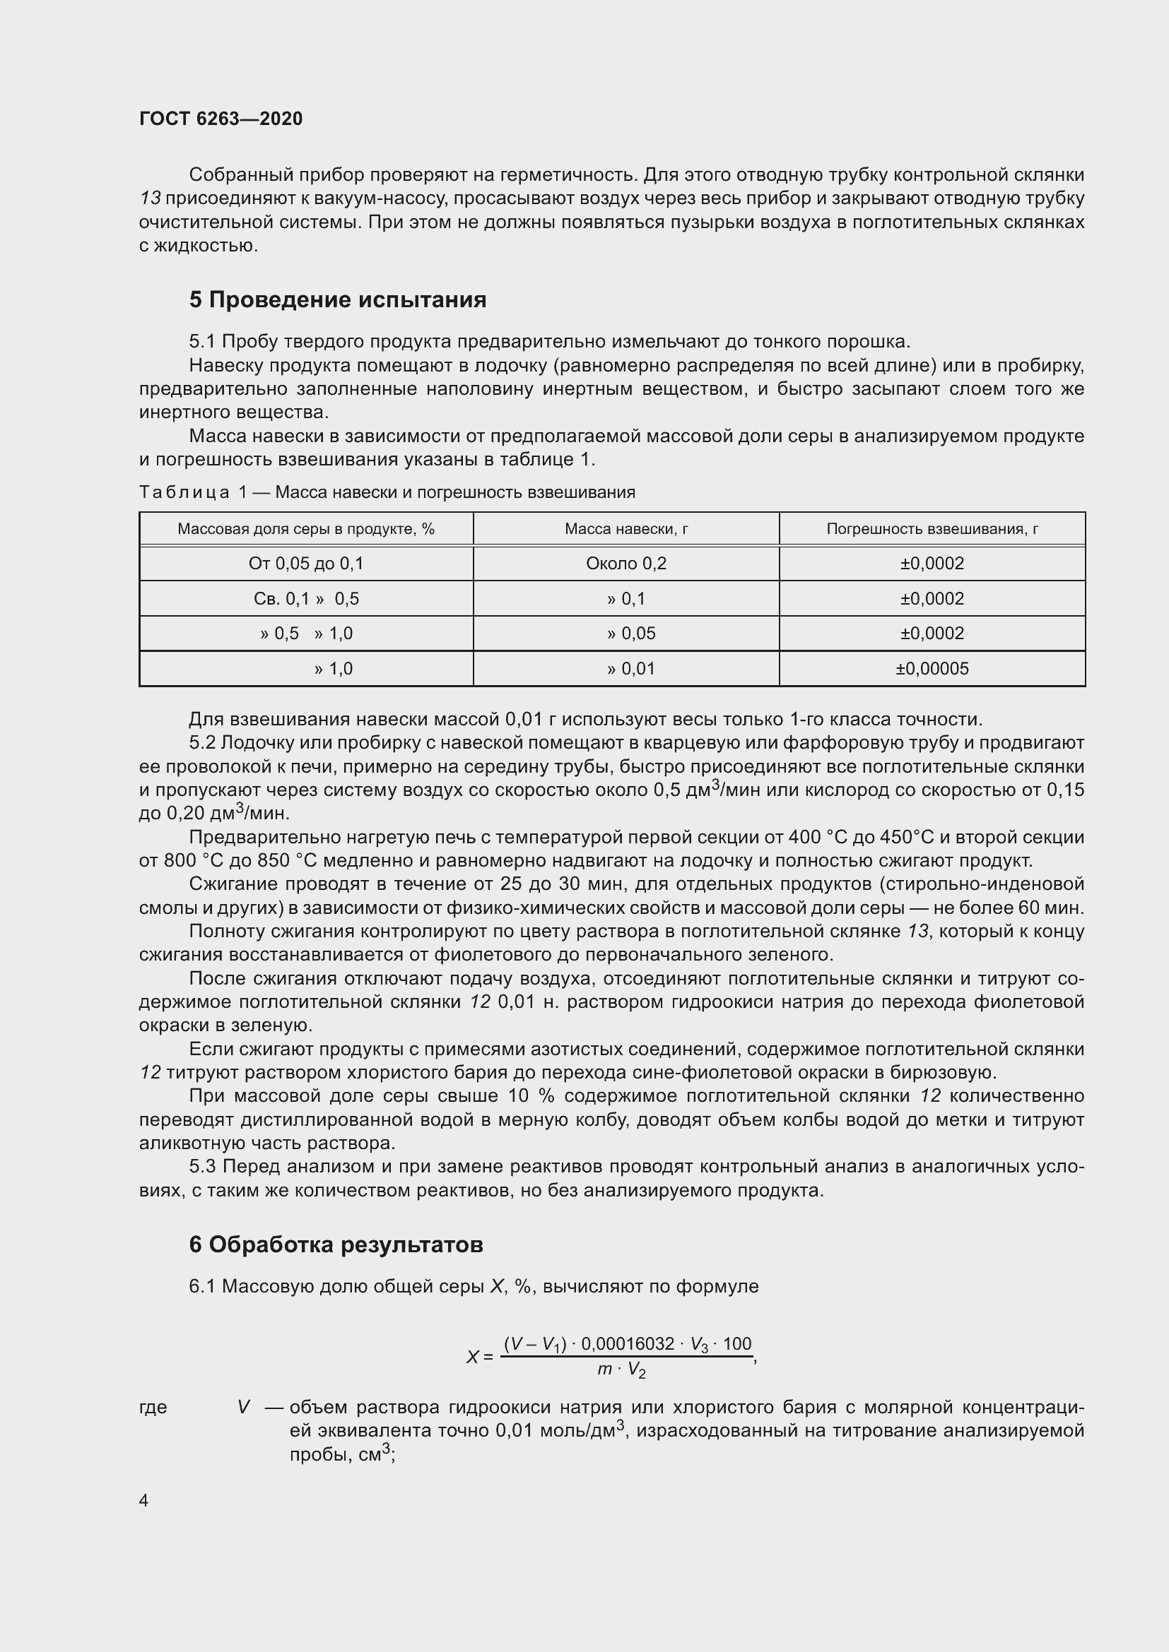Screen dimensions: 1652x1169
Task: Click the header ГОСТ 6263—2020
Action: [x=221, y=119]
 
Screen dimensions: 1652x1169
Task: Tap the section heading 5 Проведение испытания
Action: [x=337, y=299]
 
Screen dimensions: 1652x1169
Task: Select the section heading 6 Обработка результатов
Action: [x=336, y=1244]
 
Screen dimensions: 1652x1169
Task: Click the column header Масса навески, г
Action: [x=626, y=529]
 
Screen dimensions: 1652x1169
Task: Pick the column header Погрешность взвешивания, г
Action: [x=932, y=529]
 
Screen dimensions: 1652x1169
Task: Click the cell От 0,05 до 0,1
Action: [x=306, y=564]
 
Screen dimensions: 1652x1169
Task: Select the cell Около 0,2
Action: [x=626, y=564]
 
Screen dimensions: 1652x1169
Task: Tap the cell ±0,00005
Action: [x=932, y=668]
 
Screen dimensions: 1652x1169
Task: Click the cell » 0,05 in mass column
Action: [x=630, y=633]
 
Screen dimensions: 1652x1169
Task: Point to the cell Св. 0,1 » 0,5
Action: [x=306, y=599]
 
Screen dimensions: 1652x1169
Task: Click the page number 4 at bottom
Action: [x=143, y=1500]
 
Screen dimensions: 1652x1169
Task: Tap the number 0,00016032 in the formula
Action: [x=628, y=1344]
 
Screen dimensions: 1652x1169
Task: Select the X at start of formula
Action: [x=472, y=1357]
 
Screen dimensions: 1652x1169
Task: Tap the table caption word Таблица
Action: [x=184, y=492]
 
